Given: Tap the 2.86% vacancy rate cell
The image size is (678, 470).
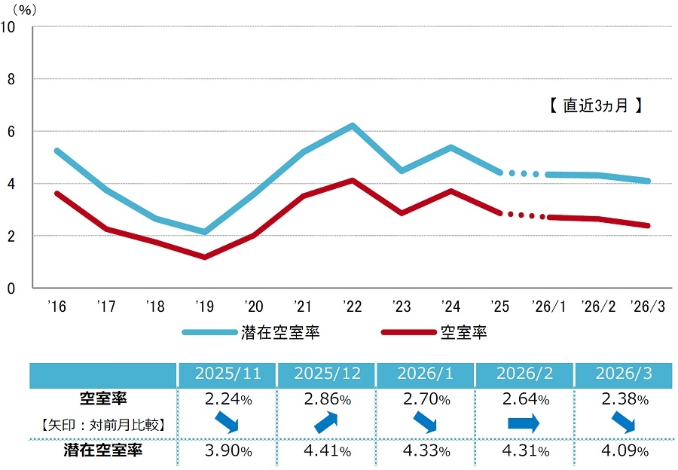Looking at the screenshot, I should point(326,399).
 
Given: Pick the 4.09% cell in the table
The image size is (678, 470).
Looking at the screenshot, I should point(624,451).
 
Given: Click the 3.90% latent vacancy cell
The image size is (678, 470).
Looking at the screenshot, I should point(227,451).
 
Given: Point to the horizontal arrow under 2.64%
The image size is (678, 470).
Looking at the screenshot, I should point(524,424).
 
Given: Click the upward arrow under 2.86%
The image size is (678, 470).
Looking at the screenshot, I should point(326,423).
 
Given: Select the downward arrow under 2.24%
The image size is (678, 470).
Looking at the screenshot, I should point(227,423).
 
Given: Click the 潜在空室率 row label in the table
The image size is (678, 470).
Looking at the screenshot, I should point(103,451).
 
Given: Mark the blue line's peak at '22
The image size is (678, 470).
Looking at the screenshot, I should point(353,126).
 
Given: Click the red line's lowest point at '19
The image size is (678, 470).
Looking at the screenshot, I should point(203,257).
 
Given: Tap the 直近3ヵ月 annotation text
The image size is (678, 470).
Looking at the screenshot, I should point(594,106).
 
